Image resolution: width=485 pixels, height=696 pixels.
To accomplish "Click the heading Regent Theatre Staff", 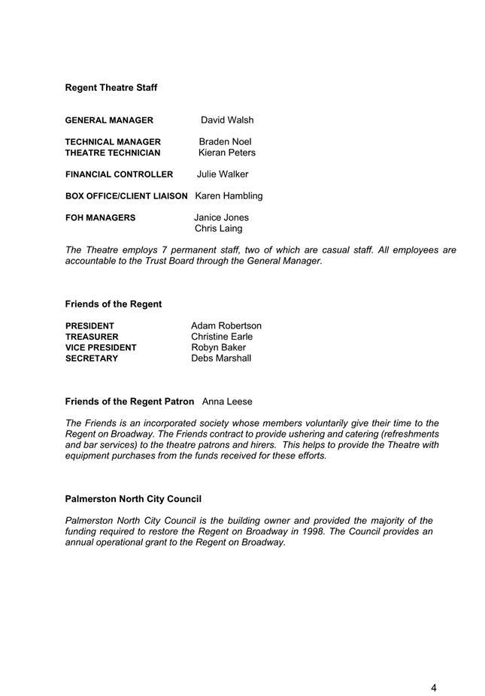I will pos(111,88).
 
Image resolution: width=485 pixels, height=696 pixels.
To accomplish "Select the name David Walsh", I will pos(227,120).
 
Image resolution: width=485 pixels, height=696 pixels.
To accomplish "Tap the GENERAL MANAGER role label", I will pos(109,120).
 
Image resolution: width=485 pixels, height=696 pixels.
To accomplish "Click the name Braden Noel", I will pos(225,141).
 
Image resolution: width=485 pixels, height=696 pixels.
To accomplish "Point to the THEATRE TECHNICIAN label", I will pos(113,153).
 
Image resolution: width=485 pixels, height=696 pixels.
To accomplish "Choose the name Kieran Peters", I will pos(227,153).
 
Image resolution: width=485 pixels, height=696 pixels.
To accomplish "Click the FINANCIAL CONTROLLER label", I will pos(119,174).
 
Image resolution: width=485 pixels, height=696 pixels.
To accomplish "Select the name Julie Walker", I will pos(223,174).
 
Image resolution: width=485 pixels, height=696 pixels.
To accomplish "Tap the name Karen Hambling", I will pos(229,196).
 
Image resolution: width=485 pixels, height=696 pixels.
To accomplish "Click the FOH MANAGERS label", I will pos(101,218).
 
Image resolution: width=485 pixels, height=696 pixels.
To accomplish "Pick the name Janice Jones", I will pos(221,218).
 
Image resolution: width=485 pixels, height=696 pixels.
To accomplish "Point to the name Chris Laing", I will pos(219,228).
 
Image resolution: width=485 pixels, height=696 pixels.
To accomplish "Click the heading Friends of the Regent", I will pos(114,304).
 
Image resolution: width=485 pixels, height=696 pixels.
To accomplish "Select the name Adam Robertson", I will pos(226,325).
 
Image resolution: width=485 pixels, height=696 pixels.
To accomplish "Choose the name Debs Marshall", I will pos(221,359).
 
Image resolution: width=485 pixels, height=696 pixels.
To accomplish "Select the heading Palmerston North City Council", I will pos(133,498).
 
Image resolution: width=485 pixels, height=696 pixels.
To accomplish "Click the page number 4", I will pos(434,667).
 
